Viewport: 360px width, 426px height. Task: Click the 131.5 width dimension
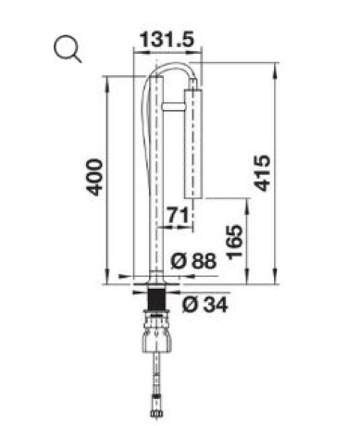tap(167, 40)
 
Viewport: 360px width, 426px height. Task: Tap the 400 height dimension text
tap(93, 177)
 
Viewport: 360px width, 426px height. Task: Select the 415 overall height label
tap(262, 173)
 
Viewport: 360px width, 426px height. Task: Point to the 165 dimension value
tap(234, 242)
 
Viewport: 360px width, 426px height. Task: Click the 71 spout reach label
tap(178, 216)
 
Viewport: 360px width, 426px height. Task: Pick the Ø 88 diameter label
tap(193, 261)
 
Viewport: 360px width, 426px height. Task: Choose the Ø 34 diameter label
tap(205, 305)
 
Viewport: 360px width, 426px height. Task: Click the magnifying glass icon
tap(67, 49)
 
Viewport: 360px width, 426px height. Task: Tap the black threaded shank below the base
tap(156, 299)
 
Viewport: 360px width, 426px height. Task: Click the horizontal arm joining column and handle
tap(173, 106)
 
